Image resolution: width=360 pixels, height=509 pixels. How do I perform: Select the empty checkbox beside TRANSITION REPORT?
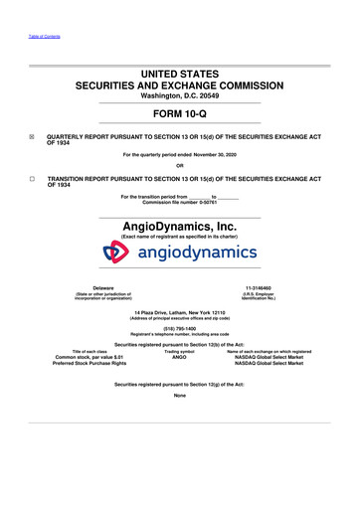33,177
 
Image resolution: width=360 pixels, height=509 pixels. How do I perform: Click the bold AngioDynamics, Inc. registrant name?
180,227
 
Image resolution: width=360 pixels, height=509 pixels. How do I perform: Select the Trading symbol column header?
180,350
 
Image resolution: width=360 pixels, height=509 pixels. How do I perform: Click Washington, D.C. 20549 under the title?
180,96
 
